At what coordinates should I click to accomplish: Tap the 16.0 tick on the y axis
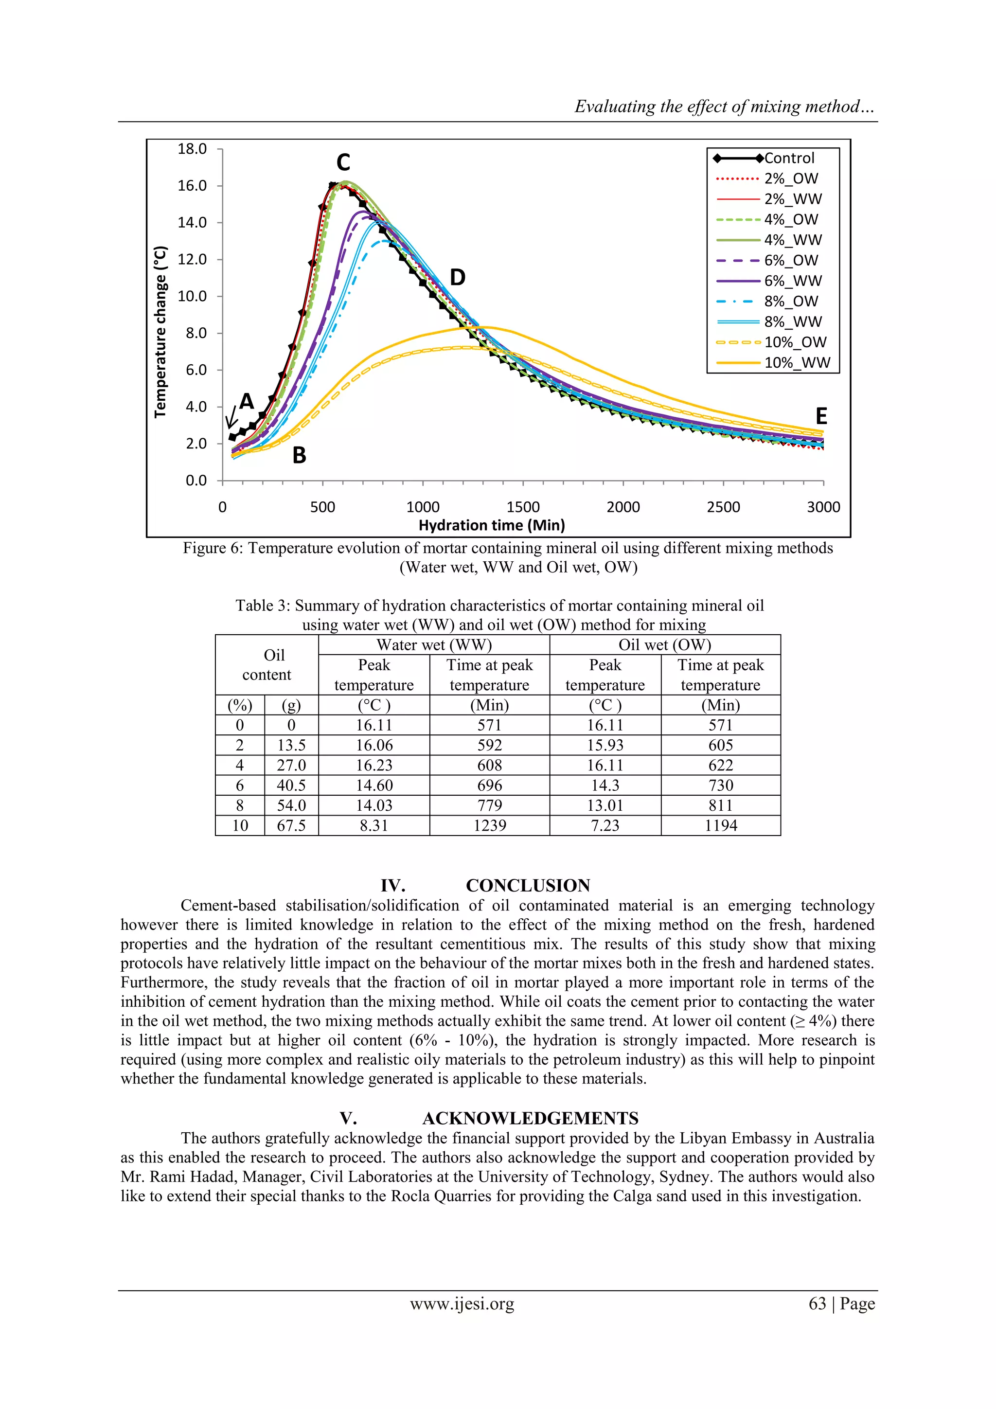[192, 186]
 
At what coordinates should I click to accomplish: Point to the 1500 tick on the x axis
[523, 507]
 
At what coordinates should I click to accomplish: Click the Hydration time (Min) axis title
[492, 525]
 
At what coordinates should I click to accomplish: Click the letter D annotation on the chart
[457, 278]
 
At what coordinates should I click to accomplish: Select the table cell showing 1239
[489, 825]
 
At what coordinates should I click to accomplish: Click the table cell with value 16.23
[373, 765]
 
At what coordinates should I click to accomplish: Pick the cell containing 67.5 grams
[291, 825]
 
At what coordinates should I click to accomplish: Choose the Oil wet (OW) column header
[665, 645]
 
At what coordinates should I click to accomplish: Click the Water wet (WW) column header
[434, 645]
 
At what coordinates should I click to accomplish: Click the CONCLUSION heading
[528, 886]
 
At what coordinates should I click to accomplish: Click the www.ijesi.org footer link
[462, 1303]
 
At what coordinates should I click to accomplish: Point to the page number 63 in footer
[818, 1303]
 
